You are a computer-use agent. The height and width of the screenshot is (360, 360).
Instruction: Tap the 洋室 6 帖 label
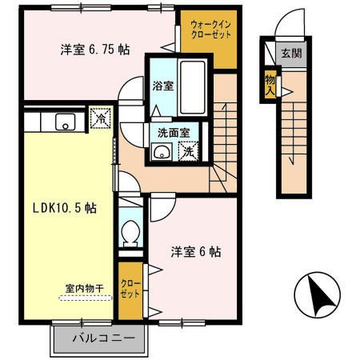[196, 252]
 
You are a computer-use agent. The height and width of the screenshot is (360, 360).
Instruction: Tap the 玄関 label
[290, 54]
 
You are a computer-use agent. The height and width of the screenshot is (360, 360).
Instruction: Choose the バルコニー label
[101, 337]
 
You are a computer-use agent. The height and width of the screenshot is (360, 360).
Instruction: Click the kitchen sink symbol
[63, 122]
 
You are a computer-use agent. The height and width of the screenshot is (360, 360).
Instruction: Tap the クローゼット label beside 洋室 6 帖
[130, 288]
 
